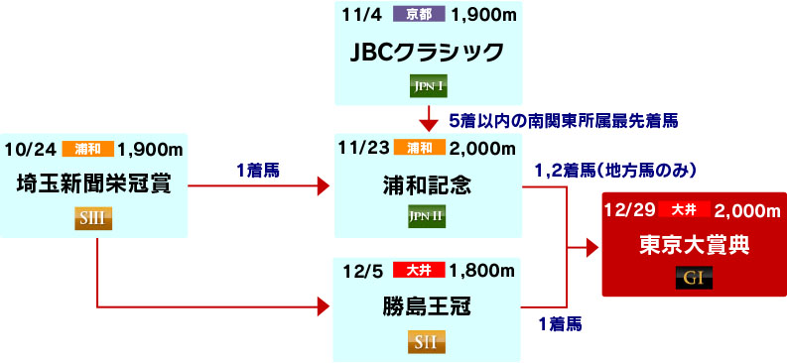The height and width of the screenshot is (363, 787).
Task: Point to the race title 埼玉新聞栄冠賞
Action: point(95,183)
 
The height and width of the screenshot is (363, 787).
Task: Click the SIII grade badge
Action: point(95,218)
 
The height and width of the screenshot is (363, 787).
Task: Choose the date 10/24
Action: point(29,149)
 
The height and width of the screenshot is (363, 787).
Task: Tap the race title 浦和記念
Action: point(428,183)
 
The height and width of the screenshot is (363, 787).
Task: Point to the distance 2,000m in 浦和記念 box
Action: point(482,149)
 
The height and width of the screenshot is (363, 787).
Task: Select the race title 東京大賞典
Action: point(692,245)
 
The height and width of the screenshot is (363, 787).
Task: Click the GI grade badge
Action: point(692,279)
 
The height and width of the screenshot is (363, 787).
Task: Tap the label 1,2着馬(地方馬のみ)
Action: point(616,171)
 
